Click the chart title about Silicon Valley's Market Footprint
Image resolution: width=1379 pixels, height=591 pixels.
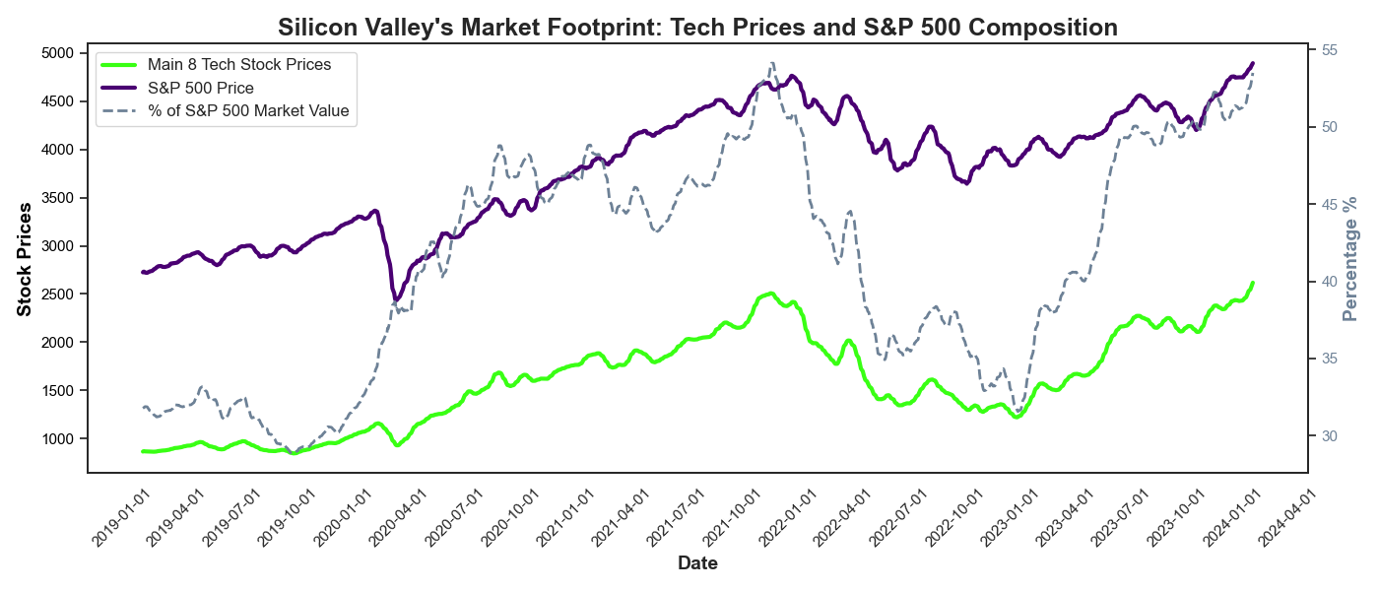pos(697,28)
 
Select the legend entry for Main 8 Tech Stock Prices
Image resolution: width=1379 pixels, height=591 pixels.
pos(239,65)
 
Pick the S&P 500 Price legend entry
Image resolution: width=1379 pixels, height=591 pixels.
pos(201,88)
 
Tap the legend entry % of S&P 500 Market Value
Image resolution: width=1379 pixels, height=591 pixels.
pos(248,110)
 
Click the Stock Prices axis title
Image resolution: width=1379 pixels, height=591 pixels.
pos(25,259)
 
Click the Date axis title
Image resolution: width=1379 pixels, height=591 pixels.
pos(697,563)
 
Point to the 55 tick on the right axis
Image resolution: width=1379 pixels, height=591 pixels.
pos(1326,50)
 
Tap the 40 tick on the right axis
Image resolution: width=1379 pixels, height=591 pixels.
pos(1326,282)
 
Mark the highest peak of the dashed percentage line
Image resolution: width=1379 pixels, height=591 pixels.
pos(771,63)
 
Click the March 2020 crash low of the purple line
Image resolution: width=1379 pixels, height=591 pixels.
pos(396,299)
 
